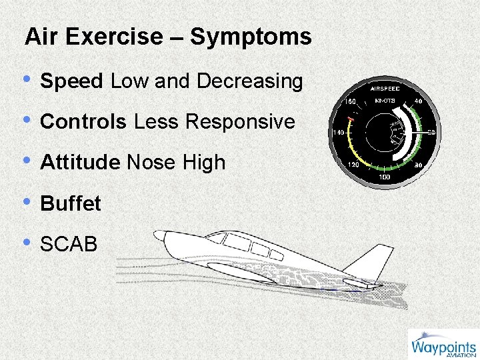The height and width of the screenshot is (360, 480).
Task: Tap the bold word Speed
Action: [x=72, y=82]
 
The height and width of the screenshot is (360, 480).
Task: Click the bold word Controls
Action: [x=83, y=122]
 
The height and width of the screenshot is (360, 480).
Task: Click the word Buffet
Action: [x=71, y=203]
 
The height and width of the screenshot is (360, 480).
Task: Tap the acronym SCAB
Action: [x=69, y=244]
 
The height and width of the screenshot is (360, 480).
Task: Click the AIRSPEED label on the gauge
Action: [x=385, y=88]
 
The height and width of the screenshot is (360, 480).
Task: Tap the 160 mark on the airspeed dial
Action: [x=350, y=102]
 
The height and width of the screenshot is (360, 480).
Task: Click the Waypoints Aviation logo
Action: [x=443, y=345]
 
